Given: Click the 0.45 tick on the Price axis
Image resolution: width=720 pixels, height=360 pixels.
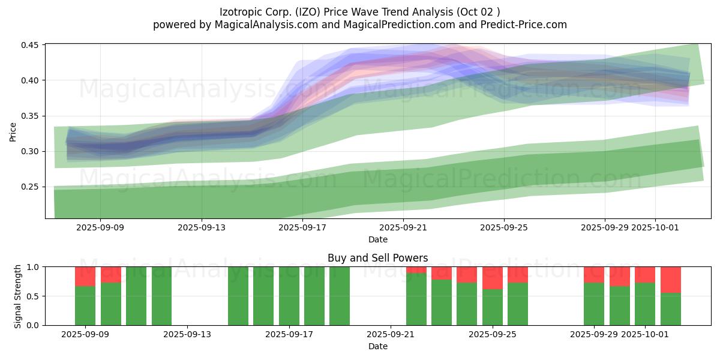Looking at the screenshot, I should pos(31,45).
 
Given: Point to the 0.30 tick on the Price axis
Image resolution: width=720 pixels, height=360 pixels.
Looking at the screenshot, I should pos(31,151).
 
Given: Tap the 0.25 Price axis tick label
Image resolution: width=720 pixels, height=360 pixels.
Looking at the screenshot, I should pos(31,187).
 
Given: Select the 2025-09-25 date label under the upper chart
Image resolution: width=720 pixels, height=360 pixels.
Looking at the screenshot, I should pos(503,227).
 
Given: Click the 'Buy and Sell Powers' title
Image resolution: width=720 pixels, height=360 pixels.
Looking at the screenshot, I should pos(377,258).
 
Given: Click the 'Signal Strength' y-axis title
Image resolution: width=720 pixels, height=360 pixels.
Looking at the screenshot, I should pos(18,296).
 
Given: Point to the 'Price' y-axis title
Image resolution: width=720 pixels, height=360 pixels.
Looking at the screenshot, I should pos(13,131).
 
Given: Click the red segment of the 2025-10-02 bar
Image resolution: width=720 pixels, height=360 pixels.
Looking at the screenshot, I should pos(670,280).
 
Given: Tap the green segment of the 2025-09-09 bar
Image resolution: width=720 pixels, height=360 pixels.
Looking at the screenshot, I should pos(85,305).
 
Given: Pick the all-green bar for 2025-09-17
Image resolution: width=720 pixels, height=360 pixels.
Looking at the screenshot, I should pos(289,296).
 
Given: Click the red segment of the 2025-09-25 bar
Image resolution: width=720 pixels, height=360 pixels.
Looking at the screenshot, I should pos(492,278).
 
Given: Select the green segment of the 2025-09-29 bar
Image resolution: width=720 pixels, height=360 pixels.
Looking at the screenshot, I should pos(594,304).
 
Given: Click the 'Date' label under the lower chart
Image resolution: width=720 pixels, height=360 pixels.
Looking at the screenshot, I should pos(377,346).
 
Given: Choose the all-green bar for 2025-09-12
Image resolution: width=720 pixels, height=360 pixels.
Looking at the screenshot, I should pos(161,296).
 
